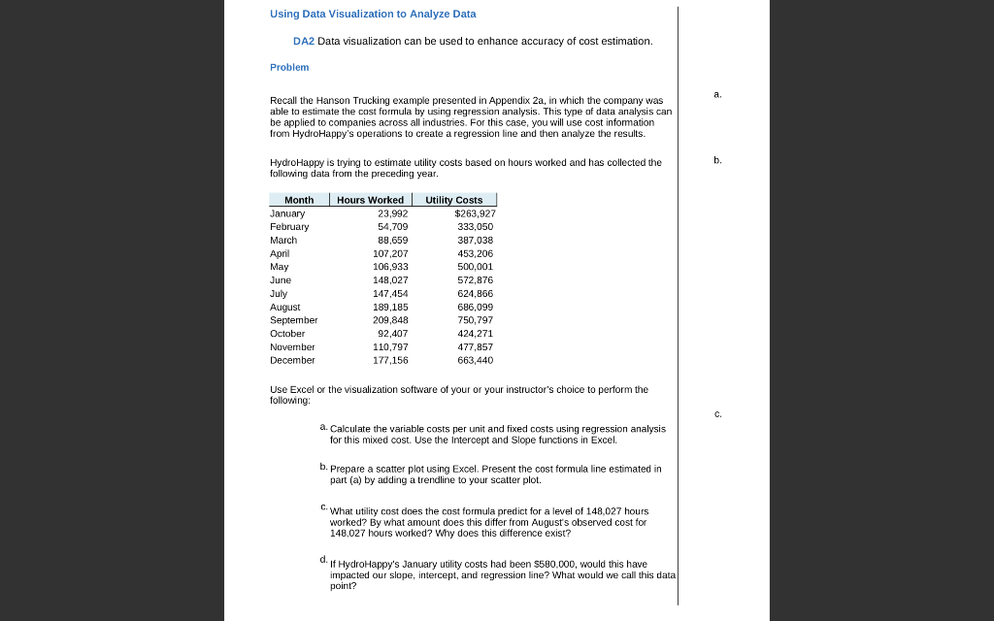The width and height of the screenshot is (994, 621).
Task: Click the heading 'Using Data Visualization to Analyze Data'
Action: tap(373, 14)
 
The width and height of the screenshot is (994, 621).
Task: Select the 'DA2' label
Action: tap(304, 41)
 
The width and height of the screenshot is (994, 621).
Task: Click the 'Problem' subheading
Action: tap(289, 67)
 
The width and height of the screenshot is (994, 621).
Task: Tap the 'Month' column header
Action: tap(299, 200)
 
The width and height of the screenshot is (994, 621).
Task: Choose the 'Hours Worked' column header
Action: tap(370, 200)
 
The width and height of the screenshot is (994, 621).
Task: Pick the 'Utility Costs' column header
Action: tap(454, 200)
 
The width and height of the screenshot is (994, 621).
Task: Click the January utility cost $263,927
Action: tap(475, 213)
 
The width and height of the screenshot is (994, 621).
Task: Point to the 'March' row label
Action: tap(283, 240)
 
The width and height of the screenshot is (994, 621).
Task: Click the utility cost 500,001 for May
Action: tap(475, 267)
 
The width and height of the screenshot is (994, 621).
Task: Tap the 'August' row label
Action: tap(285, 307)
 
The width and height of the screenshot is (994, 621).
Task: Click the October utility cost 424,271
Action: tap(475, 334)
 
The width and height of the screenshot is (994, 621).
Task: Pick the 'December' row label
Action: tap(292, 360)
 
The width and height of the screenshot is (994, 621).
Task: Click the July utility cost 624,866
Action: tap(475, 293)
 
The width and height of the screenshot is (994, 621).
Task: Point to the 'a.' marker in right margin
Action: tap(717, 94)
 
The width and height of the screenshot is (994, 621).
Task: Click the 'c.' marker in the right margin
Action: tap(717, 414)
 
